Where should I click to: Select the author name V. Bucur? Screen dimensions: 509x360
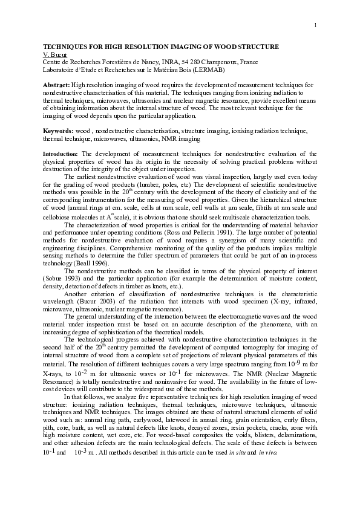[54, 54]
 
